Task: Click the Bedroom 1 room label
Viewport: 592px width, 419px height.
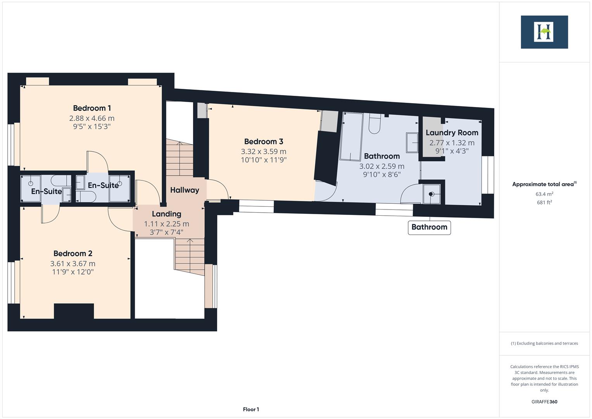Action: pos(92,108)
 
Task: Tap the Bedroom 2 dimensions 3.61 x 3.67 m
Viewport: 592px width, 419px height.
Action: pos(72,263)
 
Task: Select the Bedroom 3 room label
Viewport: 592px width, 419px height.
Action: pos(263,142)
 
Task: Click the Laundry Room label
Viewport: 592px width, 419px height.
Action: pos(452,133)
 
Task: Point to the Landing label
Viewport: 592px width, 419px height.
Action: pos(166,214)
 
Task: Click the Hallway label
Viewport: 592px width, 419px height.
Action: pos(185,190)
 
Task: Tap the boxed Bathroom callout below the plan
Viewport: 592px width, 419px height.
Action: pos(429,227)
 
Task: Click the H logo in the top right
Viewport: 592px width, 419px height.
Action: pos(544,32)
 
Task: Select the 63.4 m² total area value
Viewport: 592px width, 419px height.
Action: pos(544,194)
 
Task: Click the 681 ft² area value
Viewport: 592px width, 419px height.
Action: pos(544,202)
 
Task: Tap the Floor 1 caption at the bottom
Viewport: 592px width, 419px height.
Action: pos(251,409)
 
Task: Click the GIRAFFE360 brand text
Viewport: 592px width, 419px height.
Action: pos(544,402)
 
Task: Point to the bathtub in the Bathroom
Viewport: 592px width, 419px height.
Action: pos(352,137)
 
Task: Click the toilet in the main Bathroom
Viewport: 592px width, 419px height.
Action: pos(374,124)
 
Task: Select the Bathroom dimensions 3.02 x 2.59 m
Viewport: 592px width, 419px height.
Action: pos(381,166)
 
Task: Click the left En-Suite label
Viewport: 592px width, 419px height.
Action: pos(47,191)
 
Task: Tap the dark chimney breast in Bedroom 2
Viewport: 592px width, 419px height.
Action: pos(74,311)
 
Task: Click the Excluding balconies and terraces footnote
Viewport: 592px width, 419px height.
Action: pos(544,343)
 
